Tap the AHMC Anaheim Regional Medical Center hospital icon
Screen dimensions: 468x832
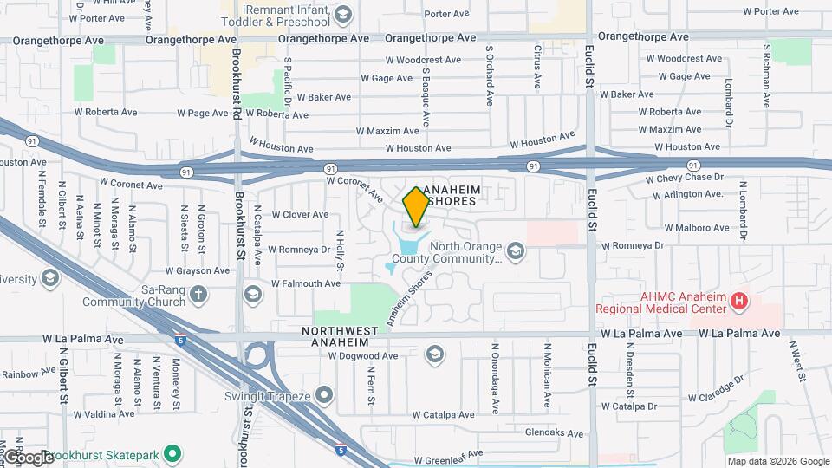[738, 302]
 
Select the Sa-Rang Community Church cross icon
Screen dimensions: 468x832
[198, 294]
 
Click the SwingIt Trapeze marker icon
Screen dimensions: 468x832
[324, 396]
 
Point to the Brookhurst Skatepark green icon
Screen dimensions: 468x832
[172, 454]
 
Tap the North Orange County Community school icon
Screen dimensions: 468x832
[516, 251]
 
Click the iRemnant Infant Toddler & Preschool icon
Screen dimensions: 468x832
[343, 14]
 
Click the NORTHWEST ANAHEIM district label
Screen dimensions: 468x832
[340, 336]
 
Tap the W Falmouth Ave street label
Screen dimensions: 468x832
[306, 283]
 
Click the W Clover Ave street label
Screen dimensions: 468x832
[300, 215]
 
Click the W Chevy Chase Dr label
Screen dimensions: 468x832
[685, 178]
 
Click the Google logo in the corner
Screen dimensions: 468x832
[28, 457]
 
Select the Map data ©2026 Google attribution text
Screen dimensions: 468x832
[777, 461]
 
